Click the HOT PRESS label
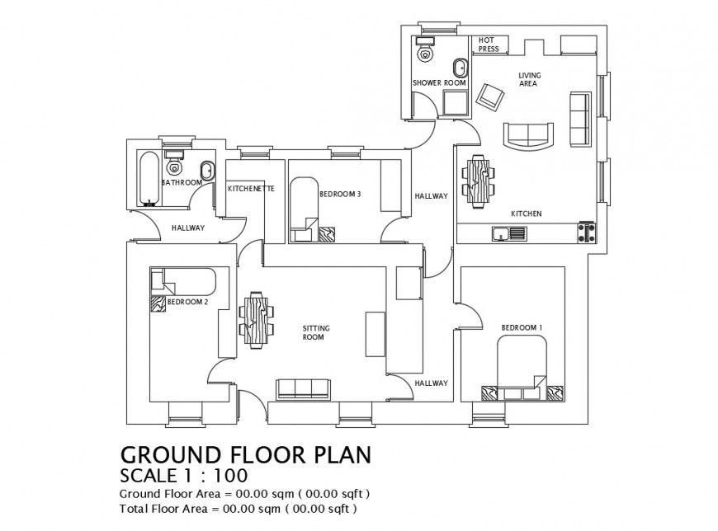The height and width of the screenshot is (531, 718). point(489,45)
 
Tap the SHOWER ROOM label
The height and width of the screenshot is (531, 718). point(439,83)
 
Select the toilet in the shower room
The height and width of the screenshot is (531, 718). point(426,53)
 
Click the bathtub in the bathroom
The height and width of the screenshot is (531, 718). point(149,176)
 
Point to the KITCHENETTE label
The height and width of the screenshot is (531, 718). point(250,189)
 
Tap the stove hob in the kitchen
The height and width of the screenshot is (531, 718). point(587,233)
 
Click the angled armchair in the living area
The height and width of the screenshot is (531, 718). point(490,96)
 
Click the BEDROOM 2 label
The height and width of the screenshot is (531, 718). point(187,302)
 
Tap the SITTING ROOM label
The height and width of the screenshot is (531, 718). point(316,332)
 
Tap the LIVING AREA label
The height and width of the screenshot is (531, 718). point(528,79)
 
